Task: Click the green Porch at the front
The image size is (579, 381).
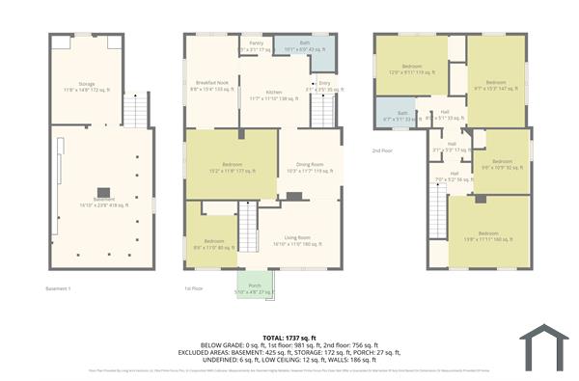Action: (x=255, y=287)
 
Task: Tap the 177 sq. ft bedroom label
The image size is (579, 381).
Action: (x=230, y=166)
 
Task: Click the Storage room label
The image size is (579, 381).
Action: (x=85, y=87)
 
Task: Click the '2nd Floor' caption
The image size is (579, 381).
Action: (x=383, y=151)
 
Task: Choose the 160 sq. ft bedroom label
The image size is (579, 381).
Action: (x=489, y=235)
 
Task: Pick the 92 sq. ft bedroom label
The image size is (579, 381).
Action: (x=502, y=164)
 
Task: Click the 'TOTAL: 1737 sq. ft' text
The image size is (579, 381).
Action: (x=289, y=337)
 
